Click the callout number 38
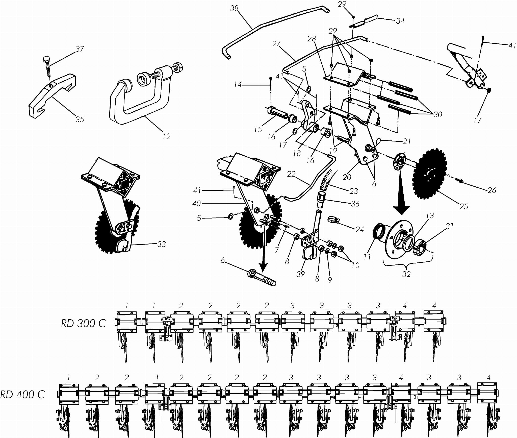click(x=234, y=9)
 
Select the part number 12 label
click(x=166, y=136)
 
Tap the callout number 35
click(x=80, y=119)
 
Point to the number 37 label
click(x=80, y=49)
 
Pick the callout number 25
click(x=464, y=206)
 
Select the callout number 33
click(x=162, y=244)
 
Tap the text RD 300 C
click(x=83, y=324)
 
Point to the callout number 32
click(x=406, y=274)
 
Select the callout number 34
click(x=400, y=21)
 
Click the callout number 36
click(x=355, y=204)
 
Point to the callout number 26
click(x=492, y=190)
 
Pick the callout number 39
click(x=301, y=274)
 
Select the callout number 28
click(x=312, y=39)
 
